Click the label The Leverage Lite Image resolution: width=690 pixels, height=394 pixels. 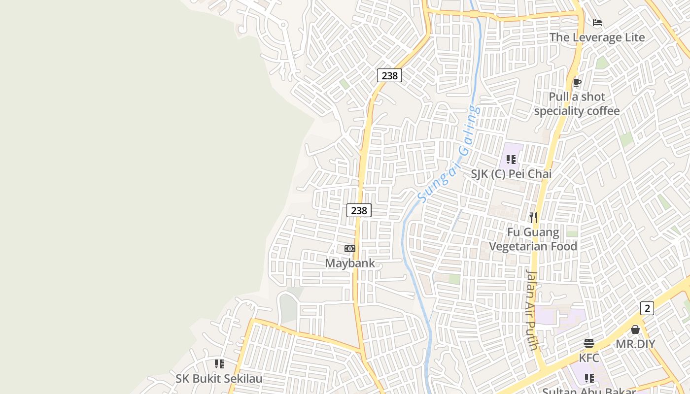click(x=597, y=37)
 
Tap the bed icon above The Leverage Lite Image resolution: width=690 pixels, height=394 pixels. click(x=597, y=23)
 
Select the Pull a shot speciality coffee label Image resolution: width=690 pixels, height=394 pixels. click(x=577, y=104)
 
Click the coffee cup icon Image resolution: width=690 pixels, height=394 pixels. click(x=577, y=82)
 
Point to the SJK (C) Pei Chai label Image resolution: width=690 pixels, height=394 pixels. click(x=511, y=174)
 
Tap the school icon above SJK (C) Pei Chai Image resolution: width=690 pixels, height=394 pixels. click(x=511, y=160)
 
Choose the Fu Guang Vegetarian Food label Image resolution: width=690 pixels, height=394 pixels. click(x=533, y=239)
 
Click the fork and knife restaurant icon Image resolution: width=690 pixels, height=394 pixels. click(x=533, y=217)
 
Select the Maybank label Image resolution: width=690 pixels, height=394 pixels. click(x=350, y=263)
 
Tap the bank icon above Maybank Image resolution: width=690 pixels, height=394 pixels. click(x=350, y=249)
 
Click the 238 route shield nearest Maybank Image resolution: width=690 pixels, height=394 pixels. click(x=359, y=210)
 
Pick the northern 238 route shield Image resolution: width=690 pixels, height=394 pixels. click(x=389, y=75)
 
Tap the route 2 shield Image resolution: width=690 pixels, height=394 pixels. click(x=647, y=308)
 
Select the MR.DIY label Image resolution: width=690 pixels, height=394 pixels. click(x=635, y=344)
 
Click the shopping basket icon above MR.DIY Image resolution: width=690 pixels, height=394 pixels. click(x=635, y=329)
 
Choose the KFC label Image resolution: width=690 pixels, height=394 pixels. click(x=589, y=358)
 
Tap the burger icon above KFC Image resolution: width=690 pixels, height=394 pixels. click(x=589, y=343)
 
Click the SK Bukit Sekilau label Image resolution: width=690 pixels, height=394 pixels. click(x=219, y=379)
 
